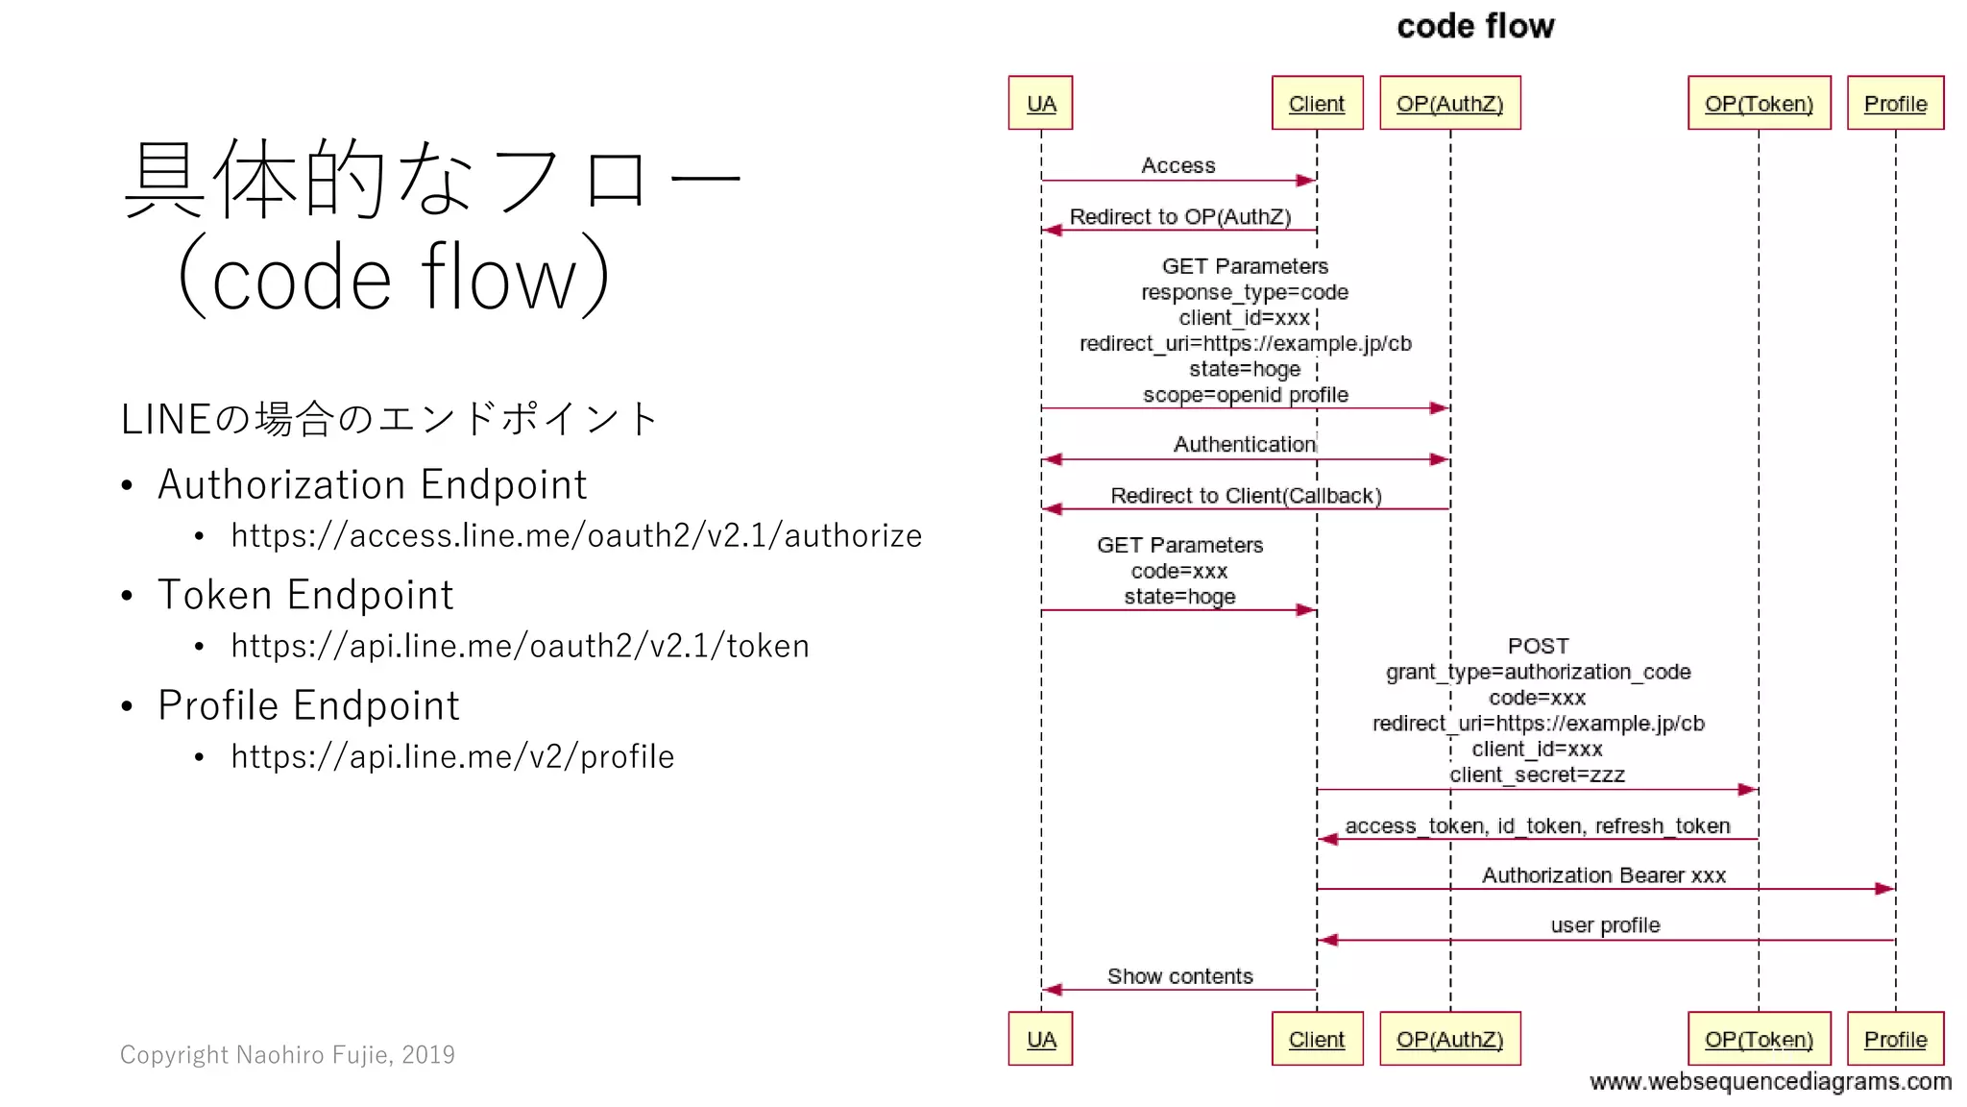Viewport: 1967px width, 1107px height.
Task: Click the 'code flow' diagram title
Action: pyautogui.click(x=1474, y=26)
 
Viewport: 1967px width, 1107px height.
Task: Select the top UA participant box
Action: pyautogui.click(x=1040, y=103)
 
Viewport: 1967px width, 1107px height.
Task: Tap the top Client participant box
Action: pyautogui.click(x=1316, y=103)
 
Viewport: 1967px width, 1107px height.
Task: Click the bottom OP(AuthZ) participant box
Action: pyautogui.click(x=1449, y=1039)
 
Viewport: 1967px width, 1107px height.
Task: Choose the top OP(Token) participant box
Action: pyautogui.click(x=1758, y=103)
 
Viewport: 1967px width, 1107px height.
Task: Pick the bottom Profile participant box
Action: pyautogui.click(x=1894, y=1039)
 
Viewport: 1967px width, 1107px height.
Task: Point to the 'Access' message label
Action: pyautogui.click(x=1178, y=165)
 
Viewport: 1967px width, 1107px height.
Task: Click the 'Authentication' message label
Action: pyautogui.click(x=1244, y=444)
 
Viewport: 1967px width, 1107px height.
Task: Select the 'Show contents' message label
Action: pyautogui.click(x=1179, y=976)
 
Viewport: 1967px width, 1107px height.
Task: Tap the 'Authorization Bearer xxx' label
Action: pyautogui.click(x=1603, y=875)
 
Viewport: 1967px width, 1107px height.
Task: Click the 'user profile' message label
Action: pyautogui.click(x=1604, y=925)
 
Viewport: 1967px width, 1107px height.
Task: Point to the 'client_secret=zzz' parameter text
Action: pyautogui.click(x=1537, y=775)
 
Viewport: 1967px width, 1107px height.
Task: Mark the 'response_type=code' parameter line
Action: pyautogui.click(x=1244, y=292)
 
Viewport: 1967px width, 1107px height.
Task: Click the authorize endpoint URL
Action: pyautogui.click(x=576, y=535)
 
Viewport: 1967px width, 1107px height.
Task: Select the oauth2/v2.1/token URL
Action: pyautogui.click(x=520, y=646)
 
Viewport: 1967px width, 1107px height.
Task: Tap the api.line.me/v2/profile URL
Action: pyautogui.click(x=452, y=756)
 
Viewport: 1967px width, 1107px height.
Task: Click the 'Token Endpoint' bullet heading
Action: pyautogui.click(x=305, y=595)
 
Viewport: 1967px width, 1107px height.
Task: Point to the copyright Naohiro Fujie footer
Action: pyautogui.click(x=287, y=1054)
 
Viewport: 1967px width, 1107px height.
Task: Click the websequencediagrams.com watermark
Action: pyautogui.click(x=1770, y=1082)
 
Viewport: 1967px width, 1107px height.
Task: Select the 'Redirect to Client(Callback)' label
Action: pyautogui.click(x=1246, y=496)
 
